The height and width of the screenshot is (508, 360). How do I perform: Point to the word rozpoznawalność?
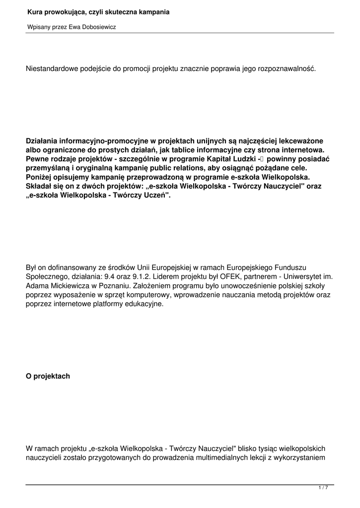click(287, 68)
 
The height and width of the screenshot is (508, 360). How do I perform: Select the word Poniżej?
click(40, 177)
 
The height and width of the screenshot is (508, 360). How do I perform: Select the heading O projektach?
click(48, 376)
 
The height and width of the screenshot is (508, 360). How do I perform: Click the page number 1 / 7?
click(323, 488)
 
